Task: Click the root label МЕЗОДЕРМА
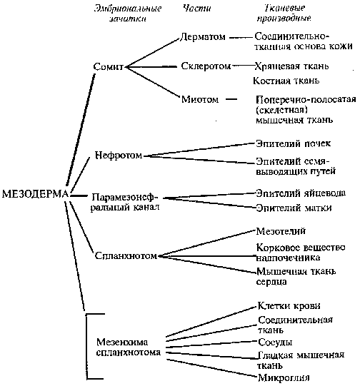pos(35,194)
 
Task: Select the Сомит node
pos(108,67)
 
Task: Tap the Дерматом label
pos(203,37)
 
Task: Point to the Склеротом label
pos(206,66)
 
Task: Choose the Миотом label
pos(200,99)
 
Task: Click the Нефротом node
pos(119,156)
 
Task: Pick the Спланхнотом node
pos(126,255)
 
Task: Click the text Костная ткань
pos(286,81)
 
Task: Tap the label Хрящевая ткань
pos(291,66)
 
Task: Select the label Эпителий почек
pos(294,143)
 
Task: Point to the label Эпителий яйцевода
pos(301,193)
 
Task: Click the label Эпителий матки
pos(294,208)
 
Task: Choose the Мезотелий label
pos(281,231)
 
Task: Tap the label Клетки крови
pos(289,306)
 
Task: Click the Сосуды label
pos(275,342)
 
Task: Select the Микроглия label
pos(284,377)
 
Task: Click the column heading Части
pos(196,8)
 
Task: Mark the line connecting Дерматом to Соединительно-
pos(241,37)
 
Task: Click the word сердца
pos(271,282)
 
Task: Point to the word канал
pos(146,207)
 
